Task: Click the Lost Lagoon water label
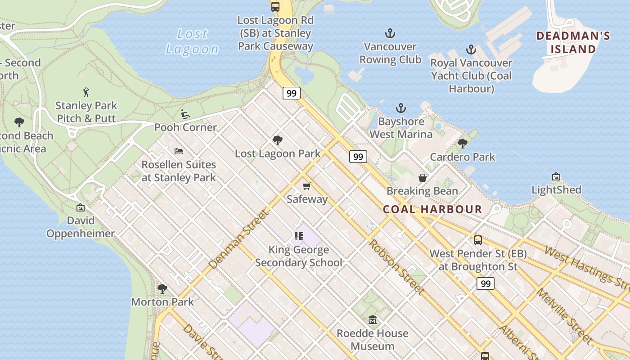(x=192, y=41)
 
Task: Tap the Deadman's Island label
(x=573, y=42)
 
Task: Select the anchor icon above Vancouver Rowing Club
(x=390, y=33)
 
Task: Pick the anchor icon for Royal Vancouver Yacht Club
(x=471, y=49)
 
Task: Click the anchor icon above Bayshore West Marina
(x=400, y=108)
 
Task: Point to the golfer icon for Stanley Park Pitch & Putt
(x=86, y=93)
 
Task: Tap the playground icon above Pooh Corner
(x=185, y=114)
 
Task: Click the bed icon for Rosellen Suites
(x=179, y=151)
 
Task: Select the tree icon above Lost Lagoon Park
(x=278, y=140)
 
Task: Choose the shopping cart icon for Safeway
(x=307, y=186)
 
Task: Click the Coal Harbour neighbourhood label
(x=432, y=209)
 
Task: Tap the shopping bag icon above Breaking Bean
(x=423, y=178)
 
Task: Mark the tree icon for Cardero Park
(x=462, y=144)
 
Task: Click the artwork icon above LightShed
(x=556, y=176)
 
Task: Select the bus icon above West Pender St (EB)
(x=478, y=240)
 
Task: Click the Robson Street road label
(x=396, y=267)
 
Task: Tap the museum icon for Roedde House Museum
(x=373, y=320)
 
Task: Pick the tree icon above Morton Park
(x=162, y=288)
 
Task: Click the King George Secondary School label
(x=299, y=256)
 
